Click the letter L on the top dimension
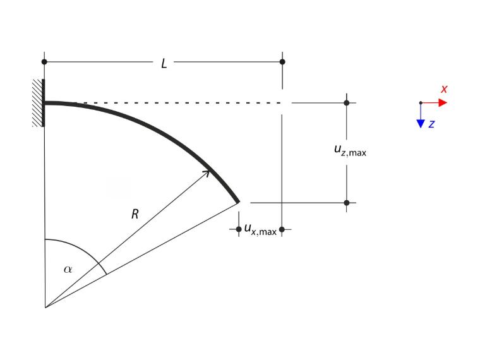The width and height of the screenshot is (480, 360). tap(164, 64)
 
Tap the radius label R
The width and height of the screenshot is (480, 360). tap(135, 214)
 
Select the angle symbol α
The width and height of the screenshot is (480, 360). tap(68, 270)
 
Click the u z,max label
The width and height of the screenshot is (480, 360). tap(350, 150)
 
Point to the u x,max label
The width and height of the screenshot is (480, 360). tap(260, 230)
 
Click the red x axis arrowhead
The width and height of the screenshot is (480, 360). tap(443, 102)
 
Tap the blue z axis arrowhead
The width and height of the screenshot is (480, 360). tap(421, 124)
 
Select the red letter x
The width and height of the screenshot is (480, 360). tap(444, 89)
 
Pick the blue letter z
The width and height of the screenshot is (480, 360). tap(431, 124)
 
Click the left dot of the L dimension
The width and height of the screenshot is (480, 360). tap(44, 62)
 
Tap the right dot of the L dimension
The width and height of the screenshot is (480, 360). tap(282, 62)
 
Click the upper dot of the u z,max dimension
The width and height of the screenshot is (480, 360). tap(347, 103)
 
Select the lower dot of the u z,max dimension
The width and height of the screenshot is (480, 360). tap(347, 203)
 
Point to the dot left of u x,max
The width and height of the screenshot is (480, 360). tap(239, 229)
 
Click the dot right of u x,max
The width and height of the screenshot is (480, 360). tap(282, 229)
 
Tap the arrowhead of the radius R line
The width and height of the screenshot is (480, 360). tap(208, 173)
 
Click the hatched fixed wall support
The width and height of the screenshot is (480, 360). tap(39, 103)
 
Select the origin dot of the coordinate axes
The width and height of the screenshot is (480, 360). tap(421, 102)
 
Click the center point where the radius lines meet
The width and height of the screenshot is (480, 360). tap(45, 307)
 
